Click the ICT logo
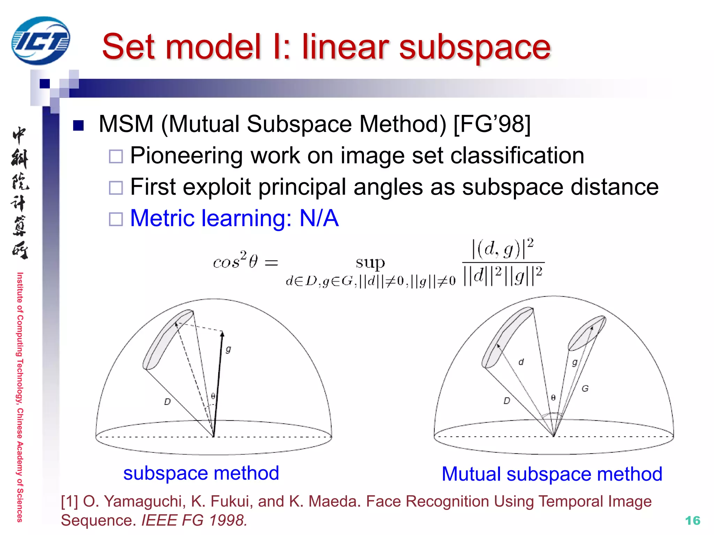coord(40,41)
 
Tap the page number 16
coord(692,520)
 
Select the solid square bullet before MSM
coord(78,125)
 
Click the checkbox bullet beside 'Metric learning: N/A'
coord(116,219)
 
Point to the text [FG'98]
coord(492,124)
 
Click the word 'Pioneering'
coord(186,155)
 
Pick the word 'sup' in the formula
coord(370,263)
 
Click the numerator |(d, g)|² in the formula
coord(502,249)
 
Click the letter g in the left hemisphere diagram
coord(228,349)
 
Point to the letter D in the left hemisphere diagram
coord(167,402)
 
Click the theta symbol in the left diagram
coord(213,396)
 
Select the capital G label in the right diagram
coord(585,388)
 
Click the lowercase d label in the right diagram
coord(521,362)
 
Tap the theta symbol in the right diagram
coord(553,398)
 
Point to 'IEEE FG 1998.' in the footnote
coord(194,520)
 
